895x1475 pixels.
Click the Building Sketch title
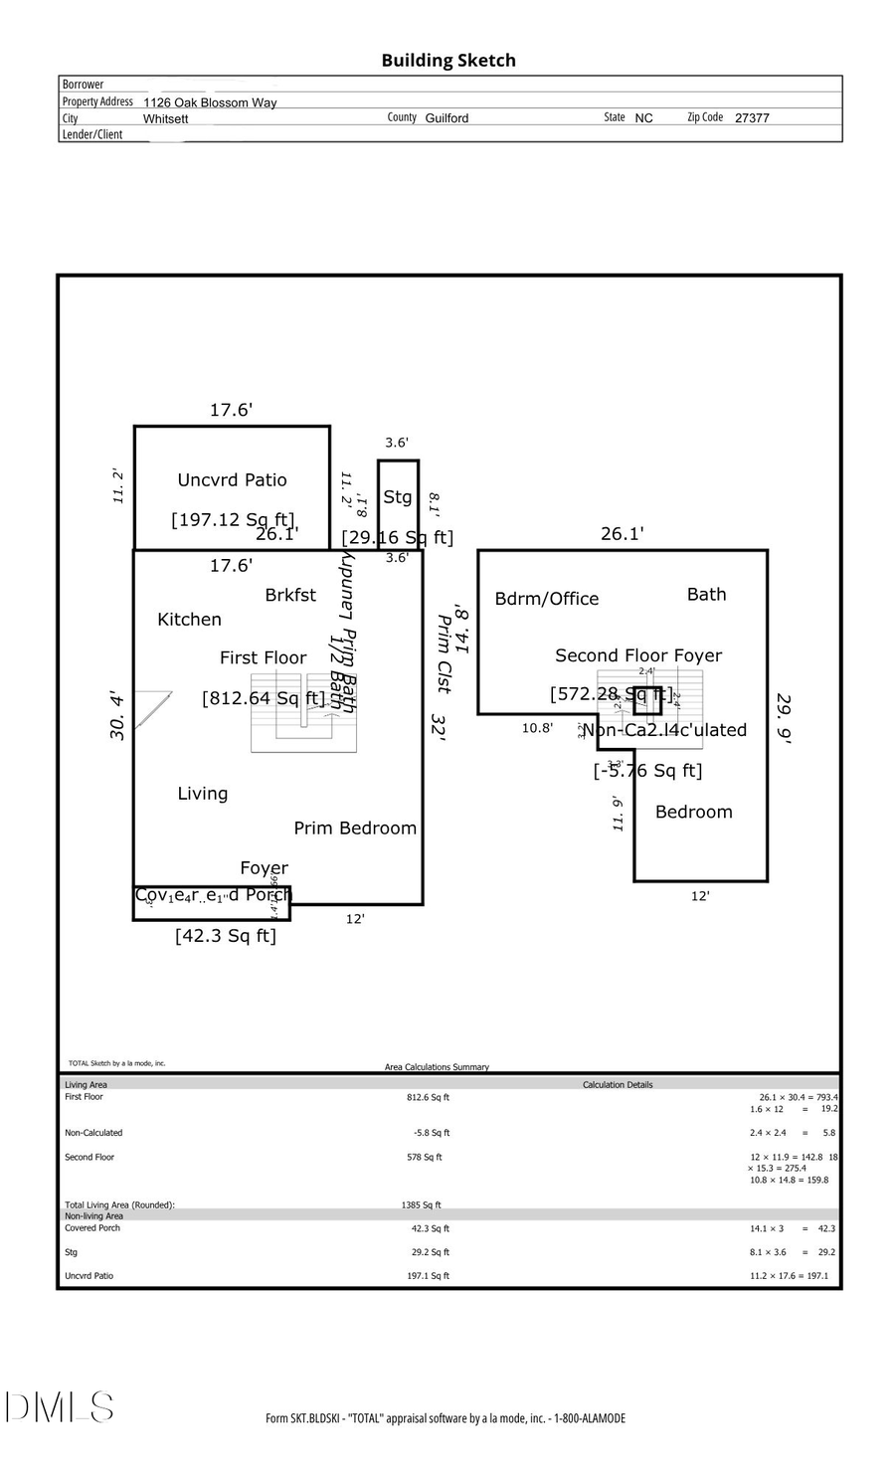[x=447, y=61]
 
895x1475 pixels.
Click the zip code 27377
[x=752, y=118]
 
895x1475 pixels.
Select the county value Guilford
[x=447, y=118]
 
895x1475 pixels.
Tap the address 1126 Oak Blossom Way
[x=210, y=102]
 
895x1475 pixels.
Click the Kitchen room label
[x=189, y=620]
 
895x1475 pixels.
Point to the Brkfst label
[x=290, y=595]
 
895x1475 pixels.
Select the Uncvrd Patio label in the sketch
[x=232, y=480]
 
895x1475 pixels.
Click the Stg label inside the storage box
[x=398, y=497]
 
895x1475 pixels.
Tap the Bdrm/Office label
[x=547, y=599]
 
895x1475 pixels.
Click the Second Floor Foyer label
[x=638, y=655]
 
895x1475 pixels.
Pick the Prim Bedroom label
[x=355, y=829]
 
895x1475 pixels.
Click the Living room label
[x=203, y=794]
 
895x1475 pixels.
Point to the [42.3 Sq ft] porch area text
[x=226, y=936]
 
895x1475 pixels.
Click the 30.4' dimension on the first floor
[x=118, y=715]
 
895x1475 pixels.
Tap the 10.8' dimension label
[x=537, y=728]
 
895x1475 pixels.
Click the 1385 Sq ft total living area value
[x=421, y=1204]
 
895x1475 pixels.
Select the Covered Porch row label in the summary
[x=92, y=1228]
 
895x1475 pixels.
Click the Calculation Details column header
[x=618, y=1085]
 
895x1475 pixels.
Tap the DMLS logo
[x=60, y=1407]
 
